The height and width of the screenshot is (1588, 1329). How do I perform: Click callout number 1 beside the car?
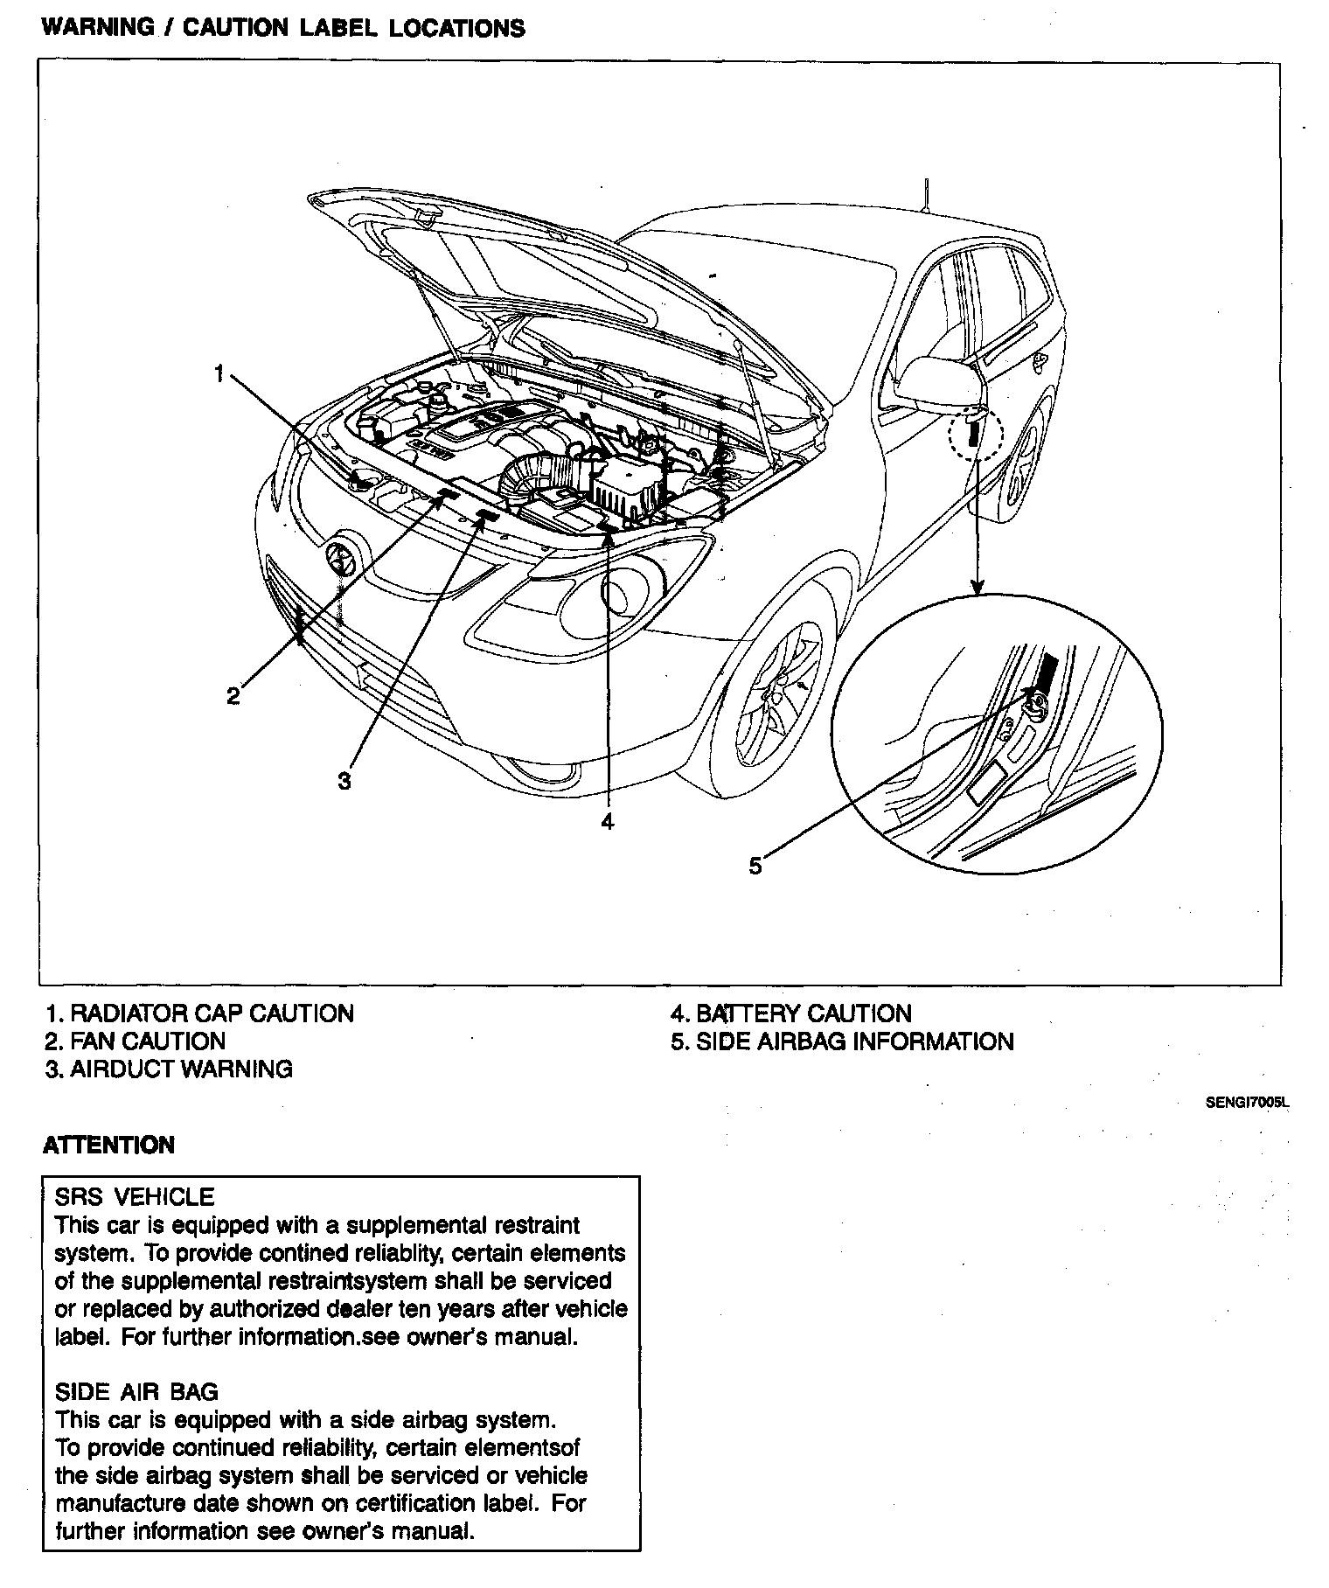pos(219,375)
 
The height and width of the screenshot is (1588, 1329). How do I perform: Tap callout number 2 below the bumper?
pos(233,696)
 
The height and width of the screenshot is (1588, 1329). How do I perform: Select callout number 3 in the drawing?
pos(344,781)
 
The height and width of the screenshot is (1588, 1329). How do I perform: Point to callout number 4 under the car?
pos(608,821)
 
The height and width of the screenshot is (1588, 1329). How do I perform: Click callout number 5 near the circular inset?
pos(755,866)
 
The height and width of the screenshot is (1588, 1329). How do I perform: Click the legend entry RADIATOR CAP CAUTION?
pos(200,1013)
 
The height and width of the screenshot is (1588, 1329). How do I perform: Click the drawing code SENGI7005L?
pos(1247,1104)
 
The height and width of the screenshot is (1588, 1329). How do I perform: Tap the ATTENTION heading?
pos(108,1146)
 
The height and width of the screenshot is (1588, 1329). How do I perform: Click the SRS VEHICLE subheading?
pos(135,1196)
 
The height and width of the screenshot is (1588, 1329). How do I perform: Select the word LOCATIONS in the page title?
pos(456,29)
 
